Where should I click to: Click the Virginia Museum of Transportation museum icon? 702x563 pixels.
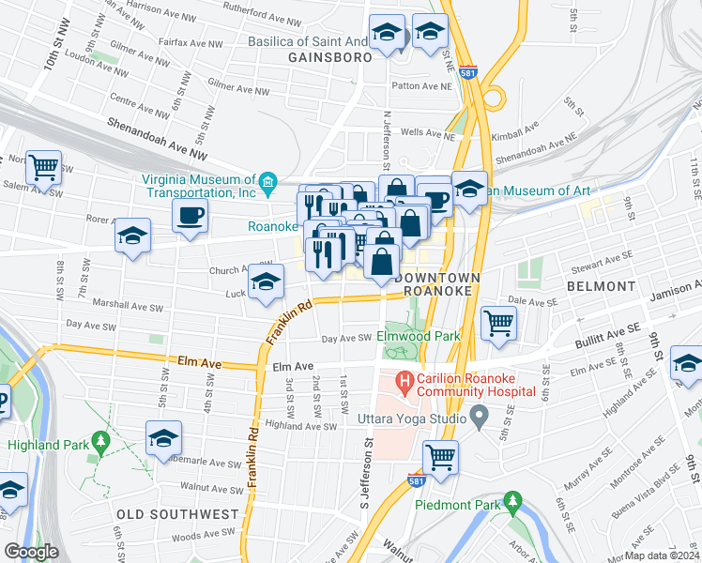[268, 181]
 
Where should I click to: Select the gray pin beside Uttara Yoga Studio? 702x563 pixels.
[481, 414]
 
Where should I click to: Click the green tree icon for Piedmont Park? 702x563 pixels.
[511, 500]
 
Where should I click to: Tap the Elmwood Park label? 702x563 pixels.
[418, 335]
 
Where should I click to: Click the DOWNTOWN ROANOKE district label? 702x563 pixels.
[438, 284]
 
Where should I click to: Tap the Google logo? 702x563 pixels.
[31, 551]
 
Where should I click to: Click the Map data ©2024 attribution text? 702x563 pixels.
[661, 555]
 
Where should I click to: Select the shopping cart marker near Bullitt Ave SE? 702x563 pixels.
[499, 323]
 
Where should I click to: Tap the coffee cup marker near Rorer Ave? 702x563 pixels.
[190, 216]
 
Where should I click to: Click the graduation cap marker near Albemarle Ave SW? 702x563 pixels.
[163, 437]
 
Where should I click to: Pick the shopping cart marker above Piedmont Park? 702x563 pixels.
[439, 457]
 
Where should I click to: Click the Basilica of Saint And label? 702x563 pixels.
[307, 41]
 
